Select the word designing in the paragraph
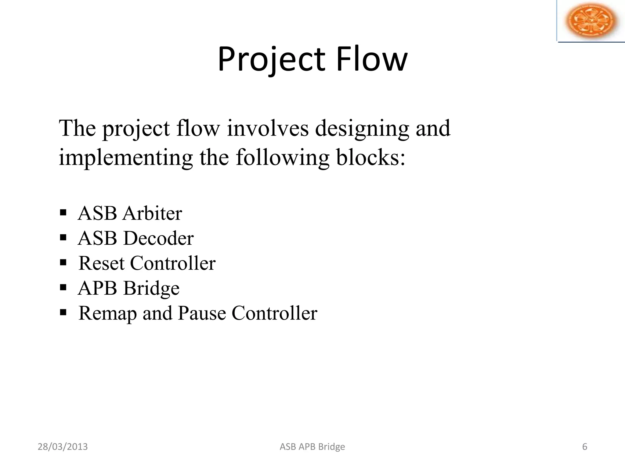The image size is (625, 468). tap(362, 129)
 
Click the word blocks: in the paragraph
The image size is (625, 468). tap(371, 158)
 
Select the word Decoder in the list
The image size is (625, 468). tap(158, 238)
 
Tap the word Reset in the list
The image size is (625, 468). tap(101, 263)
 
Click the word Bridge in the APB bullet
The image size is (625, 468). tap(151, 288)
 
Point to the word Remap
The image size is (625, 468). tap(107, 313)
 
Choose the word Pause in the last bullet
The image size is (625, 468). tap(202, 313)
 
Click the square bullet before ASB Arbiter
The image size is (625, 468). tap(63, 212)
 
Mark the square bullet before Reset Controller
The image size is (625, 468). tap(63, 262)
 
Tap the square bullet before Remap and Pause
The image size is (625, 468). tap(63, 312)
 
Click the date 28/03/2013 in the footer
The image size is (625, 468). tap(63, 447)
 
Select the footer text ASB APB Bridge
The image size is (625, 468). tap(312, 447)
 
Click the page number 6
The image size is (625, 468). tap(585, 447)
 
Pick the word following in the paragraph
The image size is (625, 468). tap(282, 158)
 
